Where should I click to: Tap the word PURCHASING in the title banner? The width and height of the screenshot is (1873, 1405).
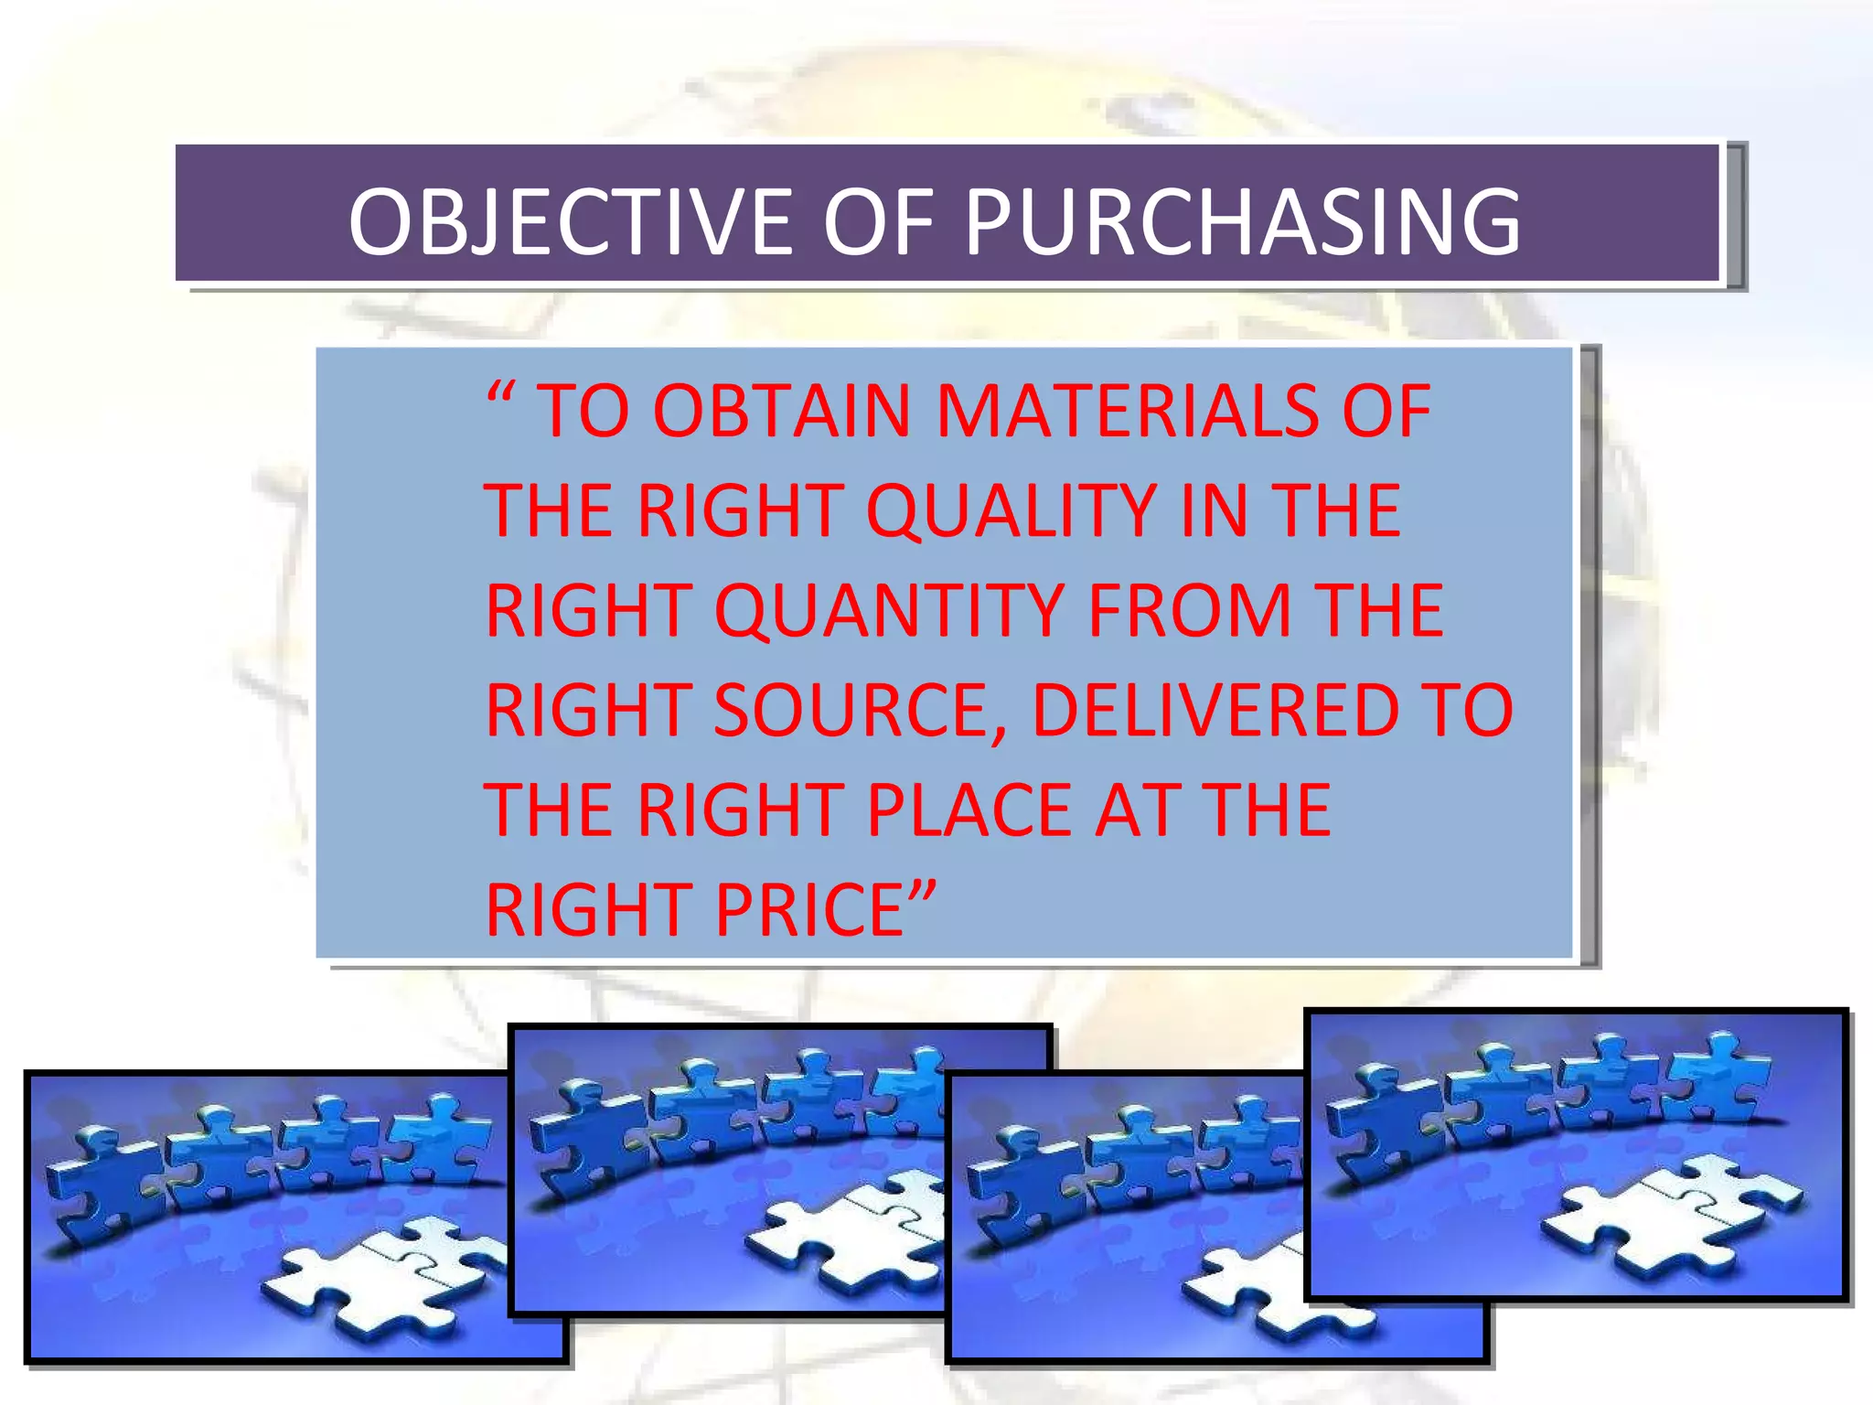[x=1242, y=222]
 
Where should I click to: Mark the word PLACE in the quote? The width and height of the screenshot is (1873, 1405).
[x=969, y=810]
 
